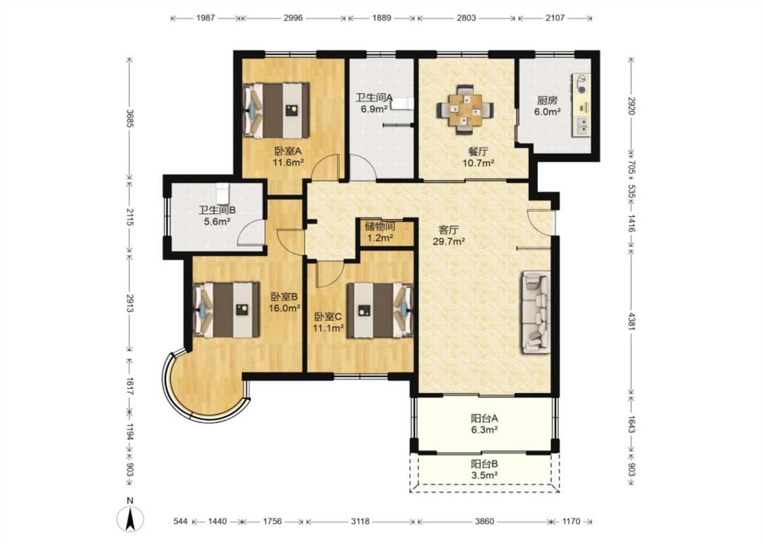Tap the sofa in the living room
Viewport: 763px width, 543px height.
[x=536, y=313]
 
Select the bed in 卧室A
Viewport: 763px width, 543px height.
[x=276, y=110]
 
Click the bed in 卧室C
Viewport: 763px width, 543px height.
[x=380, y=310]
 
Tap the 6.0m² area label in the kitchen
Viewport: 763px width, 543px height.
[x=547, y=111]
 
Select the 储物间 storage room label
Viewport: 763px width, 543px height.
[x=380, y=227]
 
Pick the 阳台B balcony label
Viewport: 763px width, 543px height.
[x=484, y=464]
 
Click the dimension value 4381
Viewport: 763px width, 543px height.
[x=631, y=321]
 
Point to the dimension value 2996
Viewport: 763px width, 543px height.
[x=293, y=18]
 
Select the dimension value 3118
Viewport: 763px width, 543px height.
[x=360, y=521]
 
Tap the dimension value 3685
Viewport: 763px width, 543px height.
[x=130, y=118]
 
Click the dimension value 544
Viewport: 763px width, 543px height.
[x=180, y=521]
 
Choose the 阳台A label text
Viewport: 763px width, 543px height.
[x=484, y=418]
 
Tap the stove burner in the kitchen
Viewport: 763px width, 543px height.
[x=581, y=83]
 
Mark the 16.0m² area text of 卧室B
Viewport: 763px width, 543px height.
[x=284, y=307]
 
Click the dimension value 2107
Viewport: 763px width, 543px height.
[x=555, y=18]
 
